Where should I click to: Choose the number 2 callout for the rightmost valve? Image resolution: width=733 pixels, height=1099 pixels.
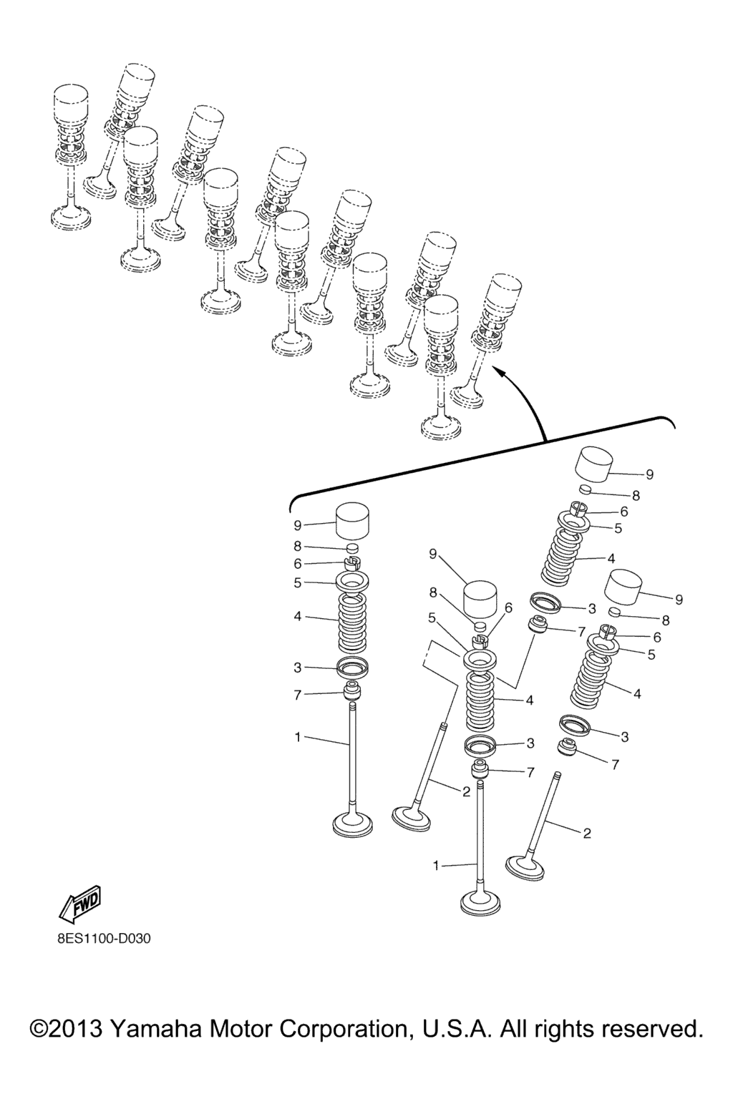(x=587, y=833)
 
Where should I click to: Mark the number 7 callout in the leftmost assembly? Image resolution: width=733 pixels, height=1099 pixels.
(x=298, y=695)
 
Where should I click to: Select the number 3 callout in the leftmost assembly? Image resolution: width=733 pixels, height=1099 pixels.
(x=298, y=668)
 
